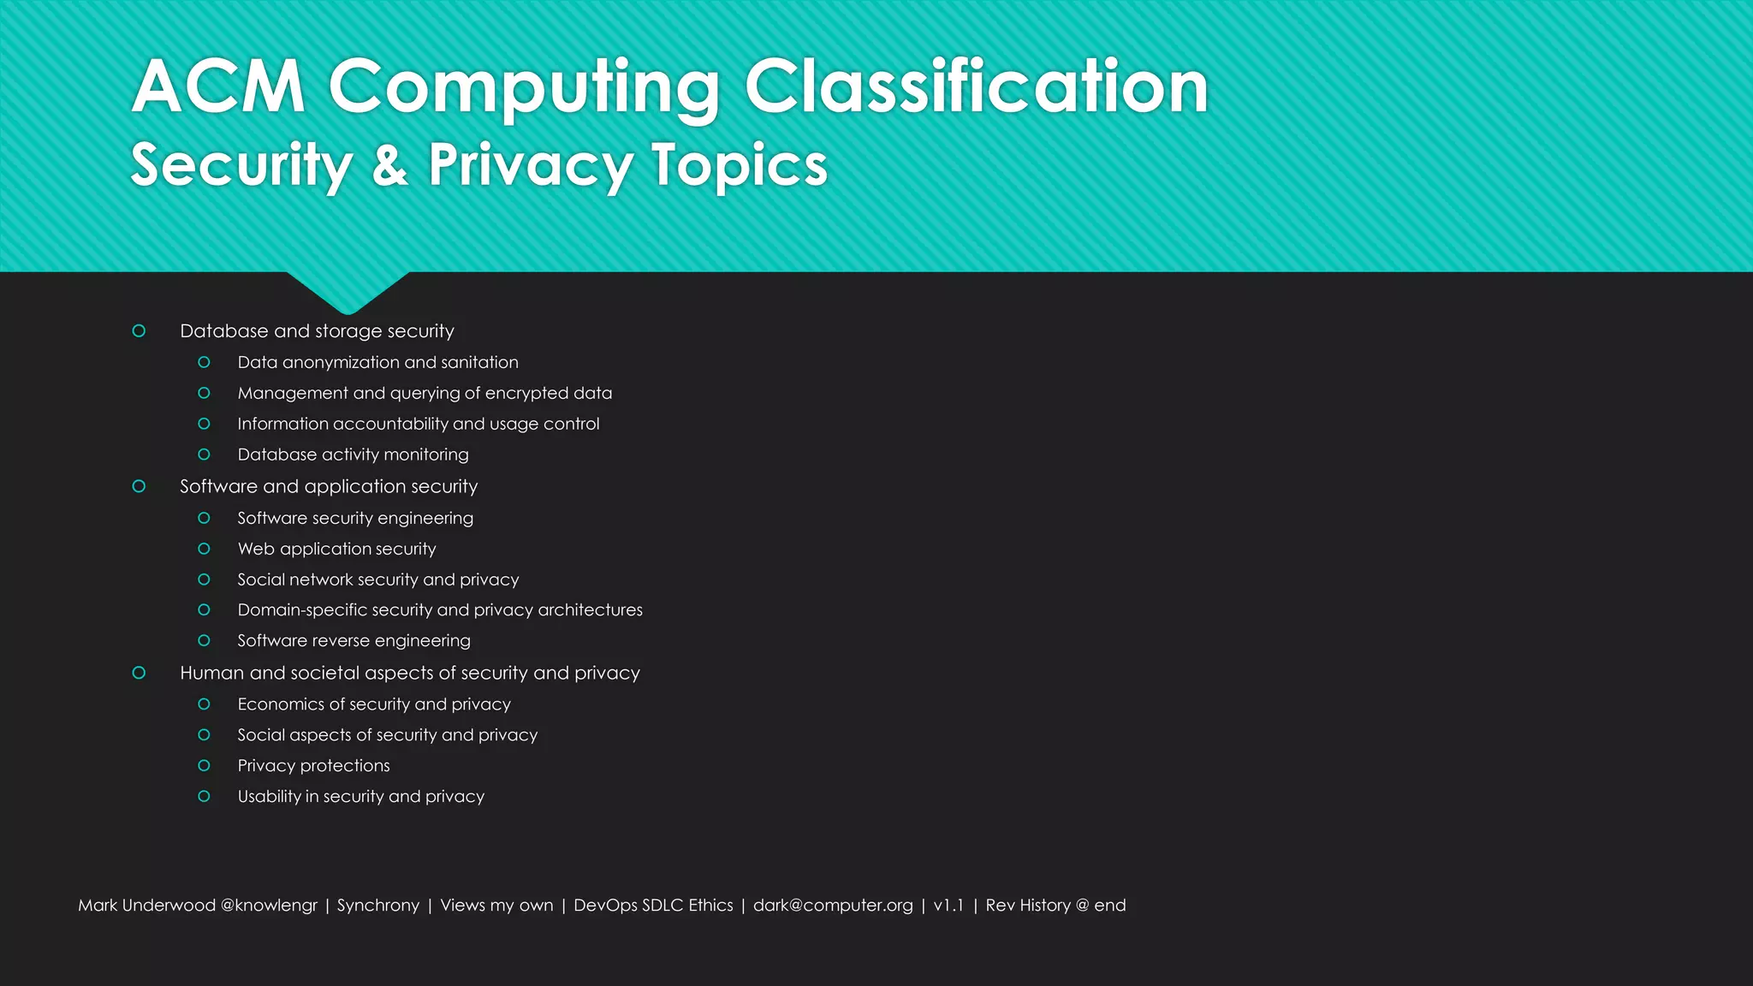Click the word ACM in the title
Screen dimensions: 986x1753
pos(219,86)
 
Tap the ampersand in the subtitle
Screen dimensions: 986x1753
pos(389,165)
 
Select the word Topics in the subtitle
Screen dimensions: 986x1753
pos(740,165)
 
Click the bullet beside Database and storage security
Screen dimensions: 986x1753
pos(139,331)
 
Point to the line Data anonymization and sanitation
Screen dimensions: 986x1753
pos(377,362)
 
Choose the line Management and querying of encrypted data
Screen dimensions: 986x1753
pos(425,393)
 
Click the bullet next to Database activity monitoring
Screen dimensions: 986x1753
pos(204,454)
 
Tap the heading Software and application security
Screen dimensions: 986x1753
pos(329,486)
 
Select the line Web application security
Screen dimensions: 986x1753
pos(336,549)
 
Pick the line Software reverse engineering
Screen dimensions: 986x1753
pos(354,640)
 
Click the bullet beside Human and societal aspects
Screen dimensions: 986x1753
pos(139,673)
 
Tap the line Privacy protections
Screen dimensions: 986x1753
pos(313,765)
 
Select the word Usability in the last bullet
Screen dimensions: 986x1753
pos(269,796)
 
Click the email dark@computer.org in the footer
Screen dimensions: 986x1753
pos(833,905)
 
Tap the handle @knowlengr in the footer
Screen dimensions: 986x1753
pos(269,905)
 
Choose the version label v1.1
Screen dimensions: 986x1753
pos(948,905)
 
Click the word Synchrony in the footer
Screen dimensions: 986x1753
pos(378,905)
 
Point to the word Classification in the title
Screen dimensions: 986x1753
pos(976,86)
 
